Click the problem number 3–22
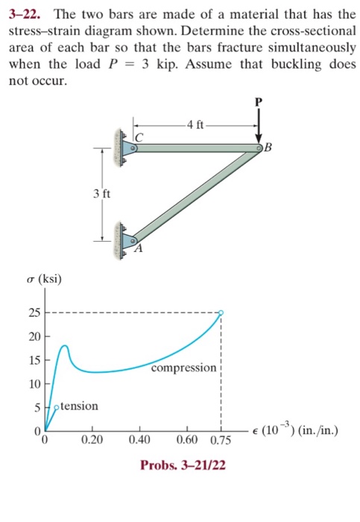27,14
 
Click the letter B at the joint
271,146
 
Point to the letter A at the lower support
138,249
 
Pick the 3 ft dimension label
102,195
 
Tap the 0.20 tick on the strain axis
92,441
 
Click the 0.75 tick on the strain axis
221,441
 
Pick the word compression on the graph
183,368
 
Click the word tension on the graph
79,406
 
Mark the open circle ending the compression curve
221,313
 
